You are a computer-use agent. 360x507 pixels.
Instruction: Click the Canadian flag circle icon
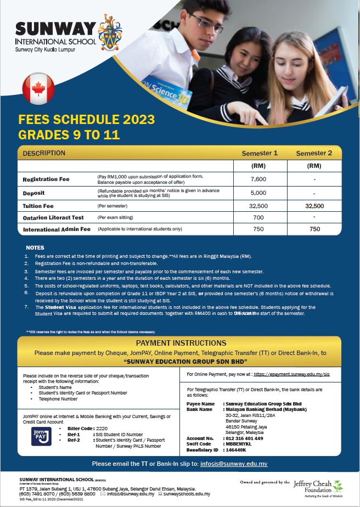click(x=38, y=88)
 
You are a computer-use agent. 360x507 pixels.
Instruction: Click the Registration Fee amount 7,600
click(x=257, y=179)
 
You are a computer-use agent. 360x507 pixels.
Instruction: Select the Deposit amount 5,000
click(x=257, y=193)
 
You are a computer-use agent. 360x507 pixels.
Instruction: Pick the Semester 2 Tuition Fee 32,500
click(x=314, y=206)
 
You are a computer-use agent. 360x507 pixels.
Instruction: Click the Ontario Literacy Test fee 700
click(x=257, y=217)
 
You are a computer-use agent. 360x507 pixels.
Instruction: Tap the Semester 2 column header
click(x=314, y=153)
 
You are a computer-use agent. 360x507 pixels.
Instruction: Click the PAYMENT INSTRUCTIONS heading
click(x=179, y=343)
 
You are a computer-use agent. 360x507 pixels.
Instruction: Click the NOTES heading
click(x=35, y=247)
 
